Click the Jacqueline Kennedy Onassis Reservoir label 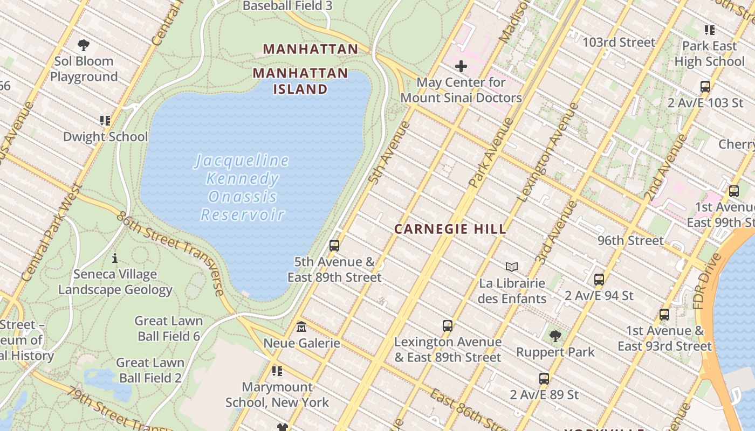click(242, 187)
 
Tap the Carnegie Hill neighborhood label click(450, 229)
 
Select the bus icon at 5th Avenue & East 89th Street click(334, 246)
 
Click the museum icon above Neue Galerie click(301, 326)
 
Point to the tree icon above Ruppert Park click(555, 336)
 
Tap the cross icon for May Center click(461, 66)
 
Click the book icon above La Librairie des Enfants click(512, 267)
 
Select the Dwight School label click(105, 137)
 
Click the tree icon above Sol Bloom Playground click(84, 45)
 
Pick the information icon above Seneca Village click(114, 259)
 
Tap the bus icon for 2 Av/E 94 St click(599, 280)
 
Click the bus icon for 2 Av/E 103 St click(705, 86)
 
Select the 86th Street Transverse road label click(170, 254)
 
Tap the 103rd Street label click(619, 42)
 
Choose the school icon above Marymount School click(277, 371)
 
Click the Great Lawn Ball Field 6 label click(168, 329)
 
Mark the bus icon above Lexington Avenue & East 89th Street click(447, 325)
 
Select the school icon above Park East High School click(709, 30)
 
